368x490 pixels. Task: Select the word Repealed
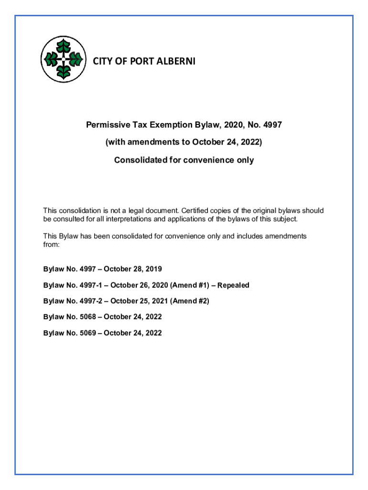[233, 285]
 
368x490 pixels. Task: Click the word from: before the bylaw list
[51, 244]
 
